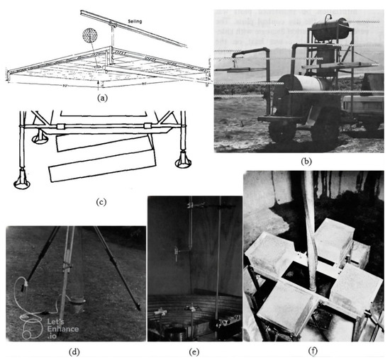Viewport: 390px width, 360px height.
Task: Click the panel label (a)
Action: pyautogui.click(x=99, y=99)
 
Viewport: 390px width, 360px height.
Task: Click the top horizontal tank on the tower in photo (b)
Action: pyautogui.click(x=327, y=29)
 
